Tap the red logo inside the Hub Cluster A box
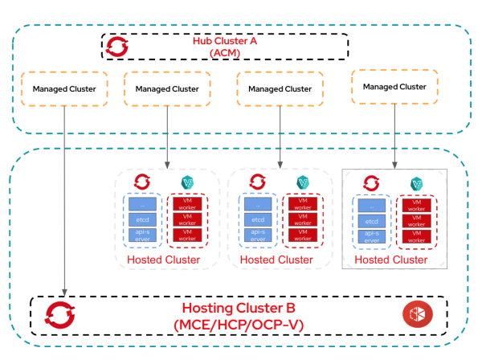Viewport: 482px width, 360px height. click(117, 47)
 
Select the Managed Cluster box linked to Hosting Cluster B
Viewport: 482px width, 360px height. click(63, 88)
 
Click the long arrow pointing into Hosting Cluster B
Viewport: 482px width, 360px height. click(63, 201)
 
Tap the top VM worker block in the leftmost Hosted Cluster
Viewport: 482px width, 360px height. click(187, 202)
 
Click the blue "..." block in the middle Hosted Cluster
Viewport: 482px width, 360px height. click(259, 202)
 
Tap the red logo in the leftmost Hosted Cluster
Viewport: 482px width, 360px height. click(144, 182)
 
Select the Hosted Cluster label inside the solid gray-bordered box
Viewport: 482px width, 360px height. click(391, 260)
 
